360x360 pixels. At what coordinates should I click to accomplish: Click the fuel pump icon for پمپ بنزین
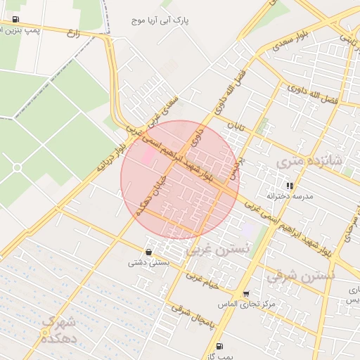pyautogui.click(x=16, y=20)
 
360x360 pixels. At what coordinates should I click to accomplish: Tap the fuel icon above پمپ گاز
pyautogui.click(x=220, y=346)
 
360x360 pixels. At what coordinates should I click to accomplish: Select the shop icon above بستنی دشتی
pyautogui.click(x=148, y=252)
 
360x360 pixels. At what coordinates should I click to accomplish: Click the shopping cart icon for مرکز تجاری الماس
pyautogui.click(x=245, y=294)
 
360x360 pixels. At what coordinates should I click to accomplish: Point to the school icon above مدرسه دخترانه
pyautogui.click(x=289, y=186)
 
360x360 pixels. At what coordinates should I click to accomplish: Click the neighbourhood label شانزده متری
pyautogui.click(x=309, y=161)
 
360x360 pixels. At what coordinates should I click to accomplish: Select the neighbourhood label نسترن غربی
pyautogui.click(x=218, y=250)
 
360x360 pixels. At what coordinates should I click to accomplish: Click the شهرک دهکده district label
pyautogui.click(x=63, y=330)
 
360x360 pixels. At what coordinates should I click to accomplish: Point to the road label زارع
pyautogui.click(x=73, y=32)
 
